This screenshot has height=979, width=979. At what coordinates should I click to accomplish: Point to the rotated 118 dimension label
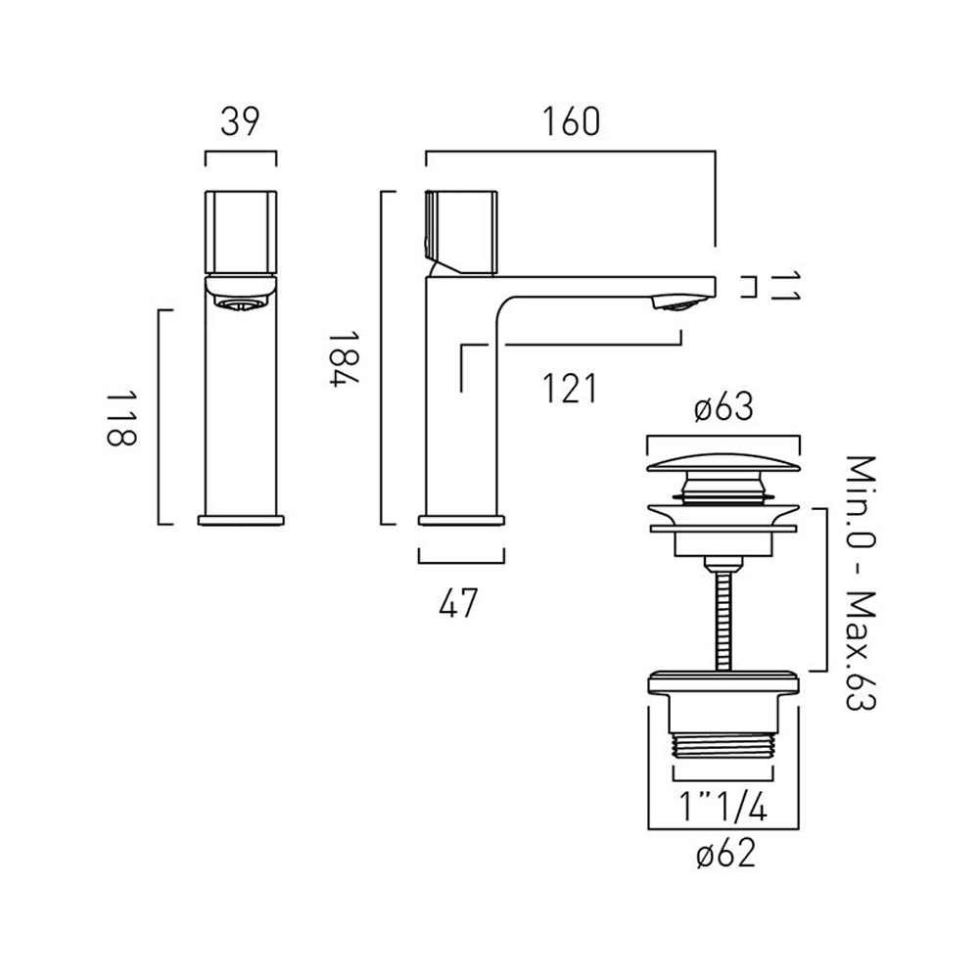[120, 417]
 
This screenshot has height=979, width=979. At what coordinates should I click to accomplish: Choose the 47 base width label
[457, 605]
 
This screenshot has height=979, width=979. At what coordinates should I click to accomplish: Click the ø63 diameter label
[725, 408]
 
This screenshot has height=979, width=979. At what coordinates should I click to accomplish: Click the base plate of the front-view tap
[240, 519]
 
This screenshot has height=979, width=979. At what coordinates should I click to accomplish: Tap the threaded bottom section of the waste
[725, 748]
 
